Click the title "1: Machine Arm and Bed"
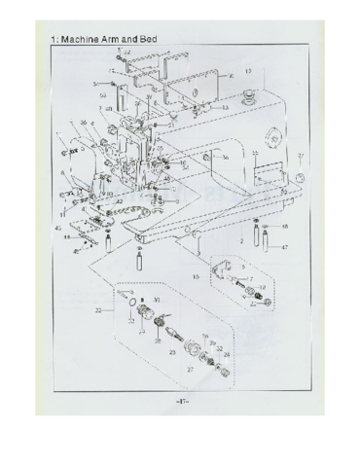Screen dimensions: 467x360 [x=103, y=40]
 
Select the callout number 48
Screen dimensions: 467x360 [x=284, y=227]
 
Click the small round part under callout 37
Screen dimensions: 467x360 [x=300, y=176]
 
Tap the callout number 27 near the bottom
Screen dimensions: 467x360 [x=190, y=371]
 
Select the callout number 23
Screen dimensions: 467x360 [x=171, y=356]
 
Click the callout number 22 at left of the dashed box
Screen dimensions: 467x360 [x=98, y=310]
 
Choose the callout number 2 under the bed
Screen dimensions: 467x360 [x=240, y=239]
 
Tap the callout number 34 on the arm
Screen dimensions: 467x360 [x=225, y=157]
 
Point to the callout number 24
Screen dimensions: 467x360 [x=227, y=356]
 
